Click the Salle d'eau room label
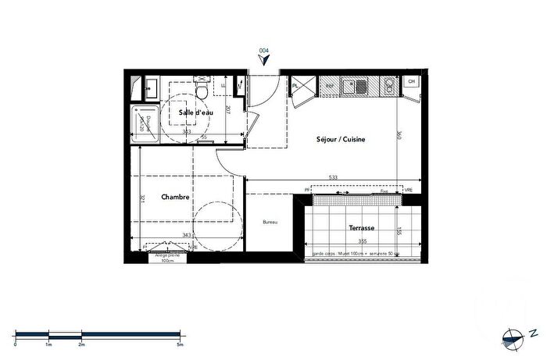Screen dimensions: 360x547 tap(195, 113)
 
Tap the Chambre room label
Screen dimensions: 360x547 tap(176, 198)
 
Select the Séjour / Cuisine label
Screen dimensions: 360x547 tap(341, 140)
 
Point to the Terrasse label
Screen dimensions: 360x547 tap(361, 228)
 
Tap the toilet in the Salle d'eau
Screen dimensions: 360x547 tap(202, 91)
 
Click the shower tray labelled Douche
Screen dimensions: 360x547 tap(143, 123)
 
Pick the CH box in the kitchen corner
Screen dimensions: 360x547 tap(411, 81)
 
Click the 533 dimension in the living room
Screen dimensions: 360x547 tap(332, 178)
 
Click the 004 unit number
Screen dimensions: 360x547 tap(264, 50)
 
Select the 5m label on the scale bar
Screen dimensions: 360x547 tap(180, 343)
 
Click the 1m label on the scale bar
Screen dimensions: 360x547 tap(48, 343)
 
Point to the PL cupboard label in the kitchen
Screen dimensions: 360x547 tap(296, 85)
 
